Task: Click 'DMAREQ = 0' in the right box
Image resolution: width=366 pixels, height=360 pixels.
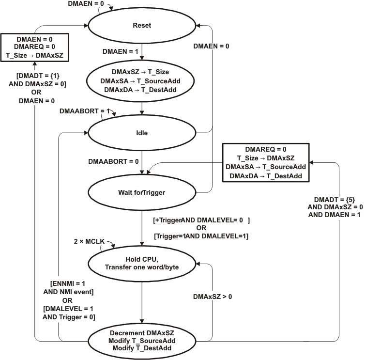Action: click(x=266, y=150)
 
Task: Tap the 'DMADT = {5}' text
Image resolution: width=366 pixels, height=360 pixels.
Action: click(x=335, y=199)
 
